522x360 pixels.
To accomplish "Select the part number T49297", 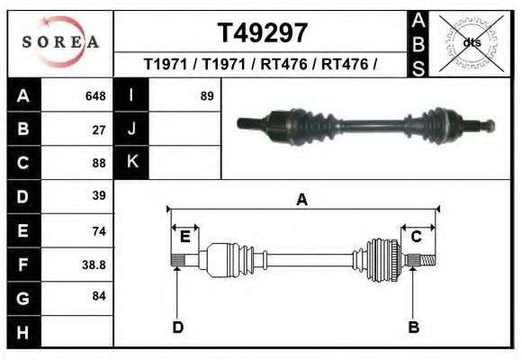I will click(x=263, y=33).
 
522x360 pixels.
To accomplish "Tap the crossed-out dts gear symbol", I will click(x=471, y=42).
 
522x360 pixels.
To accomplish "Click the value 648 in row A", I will click(x=94, y=95).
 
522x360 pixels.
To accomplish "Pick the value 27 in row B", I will click(x=100, y=129).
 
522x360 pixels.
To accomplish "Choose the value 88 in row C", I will click(x=100, y=163).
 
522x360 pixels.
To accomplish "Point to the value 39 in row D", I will click(x=100, y=195).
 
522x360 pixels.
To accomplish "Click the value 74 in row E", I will click(x=100, y=231).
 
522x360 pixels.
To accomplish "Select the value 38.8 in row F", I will click(x=94, y=265).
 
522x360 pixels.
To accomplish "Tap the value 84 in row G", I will click(x=100, y=296).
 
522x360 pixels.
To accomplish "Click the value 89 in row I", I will click(x=207, y=95).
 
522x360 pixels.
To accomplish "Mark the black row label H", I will click(x=22, y=333).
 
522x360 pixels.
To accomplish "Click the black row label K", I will click(x=131, y=163).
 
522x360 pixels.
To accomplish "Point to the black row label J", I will click(x=131, y=129).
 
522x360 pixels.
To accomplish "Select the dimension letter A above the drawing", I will click(x=301, y=200).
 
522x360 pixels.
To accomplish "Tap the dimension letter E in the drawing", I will click(x=184, y=237).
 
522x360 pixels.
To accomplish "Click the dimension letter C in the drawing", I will click(x=417, y=237).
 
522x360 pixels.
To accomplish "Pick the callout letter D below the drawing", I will click(x=178, y=327).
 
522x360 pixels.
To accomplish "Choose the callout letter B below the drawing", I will click(x=414, y=327).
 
